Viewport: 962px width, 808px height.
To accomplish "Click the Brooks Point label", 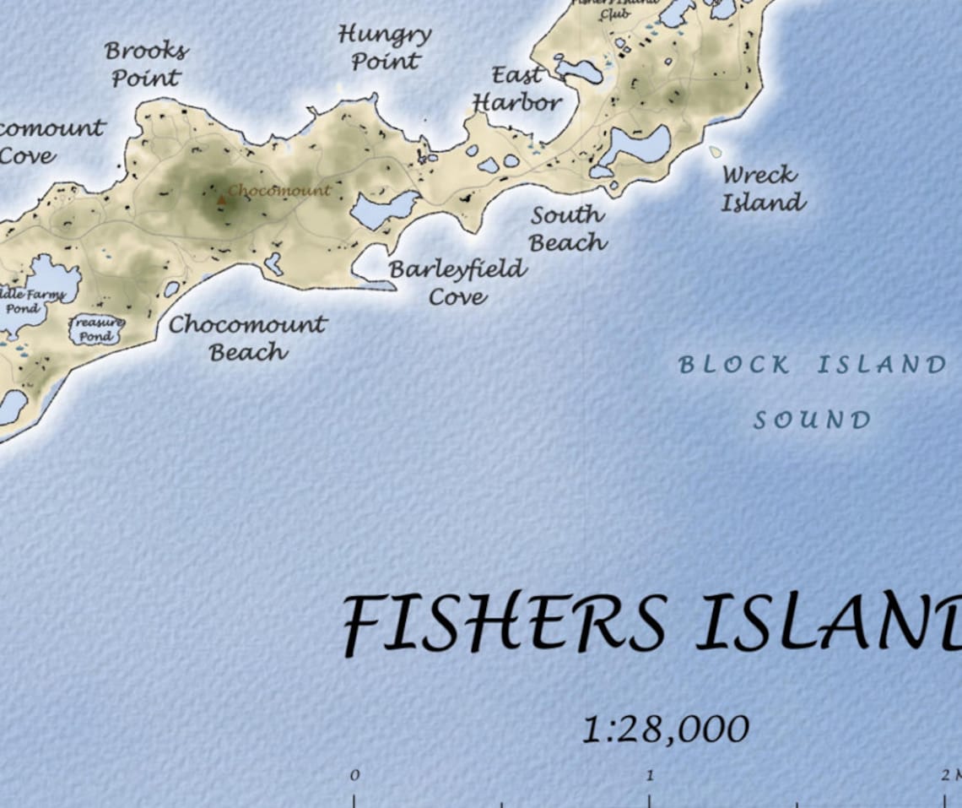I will [x=146, y=64].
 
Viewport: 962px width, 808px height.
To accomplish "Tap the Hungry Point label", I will [x=385, y=48].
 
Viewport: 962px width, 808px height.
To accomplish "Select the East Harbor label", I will [x=516, y=89].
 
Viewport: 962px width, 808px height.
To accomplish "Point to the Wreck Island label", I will [x=762, y=188].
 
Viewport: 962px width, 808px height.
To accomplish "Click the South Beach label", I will [x=568, y=229].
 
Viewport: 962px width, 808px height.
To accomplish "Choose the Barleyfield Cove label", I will [x=457, y=283].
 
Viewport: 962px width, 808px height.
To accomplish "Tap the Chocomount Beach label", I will [x=248, y=338].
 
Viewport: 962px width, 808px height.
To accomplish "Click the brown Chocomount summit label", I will [x=279, y=191].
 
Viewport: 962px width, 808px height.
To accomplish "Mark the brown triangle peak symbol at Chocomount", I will [x=221, y=200].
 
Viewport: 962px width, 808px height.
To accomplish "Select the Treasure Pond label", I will [x=95, y=329].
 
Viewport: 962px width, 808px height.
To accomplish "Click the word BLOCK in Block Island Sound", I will [x=734, y=365].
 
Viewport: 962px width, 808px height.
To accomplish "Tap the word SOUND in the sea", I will [x=812, y=420].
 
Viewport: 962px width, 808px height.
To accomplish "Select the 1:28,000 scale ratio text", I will [x=666, y=729].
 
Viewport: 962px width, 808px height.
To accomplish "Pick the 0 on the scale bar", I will [x=354, y=775].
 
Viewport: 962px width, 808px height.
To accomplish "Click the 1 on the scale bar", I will [x=650, y=775].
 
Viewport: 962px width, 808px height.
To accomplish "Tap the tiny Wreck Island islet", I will [x=716, y=152].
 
